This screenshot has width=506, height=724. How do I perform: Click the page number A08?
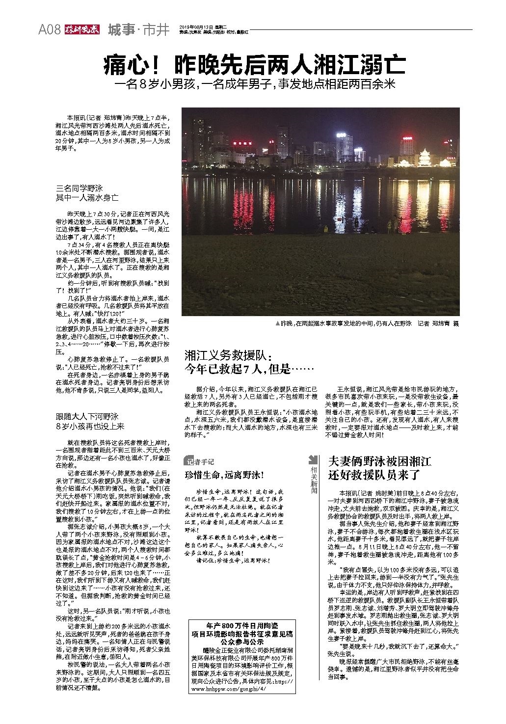[x=50, y=30]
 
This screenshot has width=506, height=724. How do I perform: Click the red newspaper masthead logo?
[x=81, y=29]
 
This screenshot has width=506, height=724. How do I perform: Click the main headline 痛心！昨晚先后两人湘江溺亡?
[x=254, y=64]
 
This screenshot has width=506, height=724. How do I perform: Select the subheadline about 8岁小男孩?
[x=254, y=84]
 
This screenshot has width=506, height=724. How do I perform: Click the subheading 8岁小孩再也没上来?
[x=90, y=427]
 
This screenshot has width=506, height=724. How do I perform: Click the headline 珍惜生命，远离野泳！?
[x=224, y=475]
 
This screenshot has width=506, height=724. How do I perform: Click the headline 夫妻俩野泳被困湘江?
[x=379, y=461]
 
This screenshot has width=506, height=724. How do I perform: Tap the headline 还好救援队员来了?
[x=374, y=475]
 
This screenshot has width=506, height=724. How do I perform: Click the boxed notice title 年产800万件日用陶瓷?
[x=241, y=626]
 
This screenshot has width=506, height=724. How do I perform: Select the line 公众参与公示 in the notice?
[x=241, y=642]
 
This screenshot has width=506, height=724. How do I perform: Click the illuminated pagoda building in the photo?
[x=425, y=158]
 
